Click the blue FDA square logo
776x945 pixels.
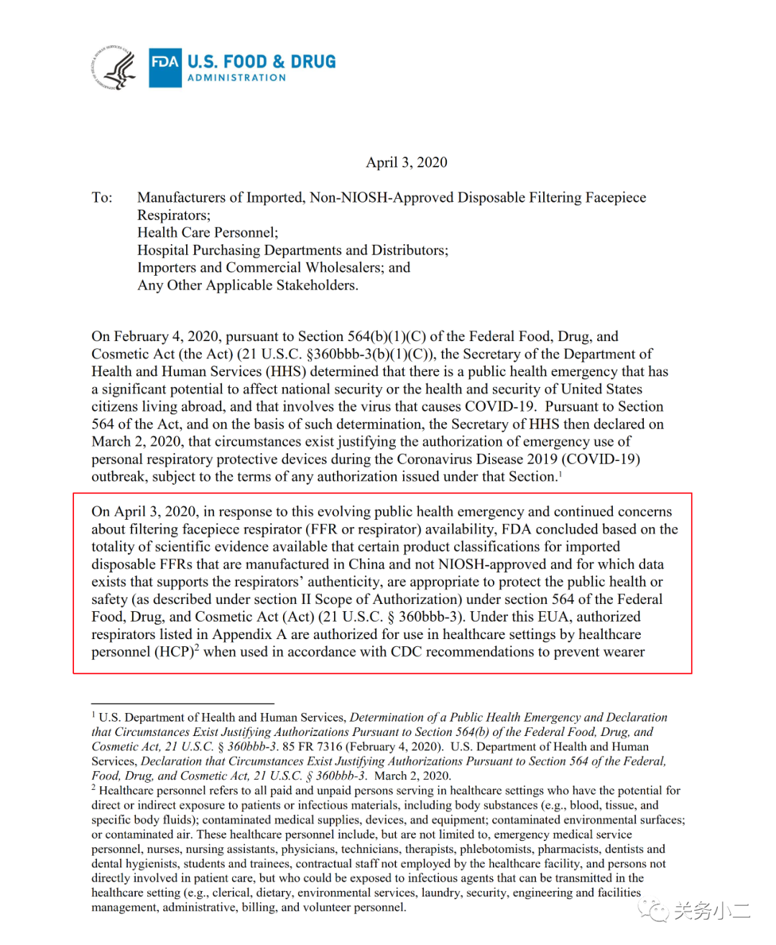165,67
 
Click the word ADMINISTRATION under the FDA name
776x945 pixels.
236,78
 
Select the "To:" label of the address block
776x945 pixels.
102,197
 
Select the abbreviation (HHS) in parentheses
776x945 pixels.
287,371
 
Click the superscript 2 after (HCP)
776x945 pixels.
197,648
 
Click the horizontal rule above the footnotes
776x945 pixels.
183,704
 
